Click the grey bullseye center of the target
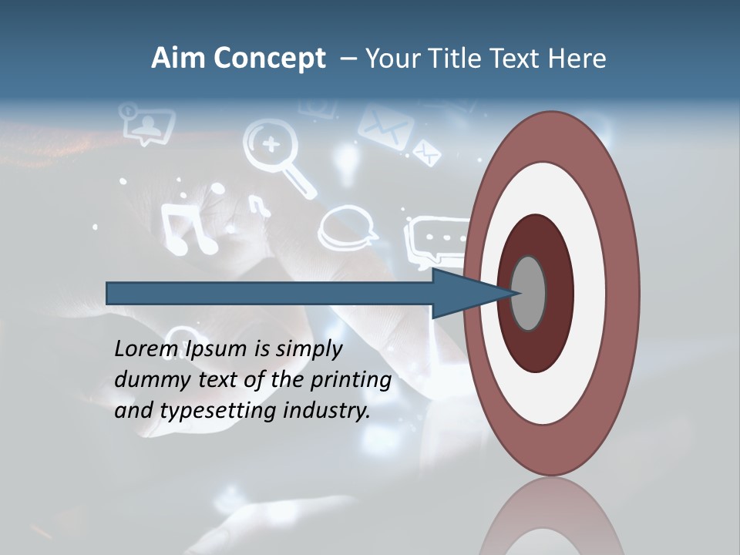pos(529,293)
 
